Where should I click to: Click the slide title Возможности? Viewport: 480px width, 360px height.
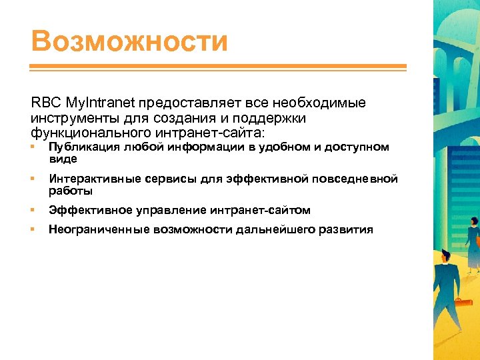pos(129,41)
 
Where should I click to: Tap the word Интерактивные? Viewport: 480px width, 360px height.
pos(89,179)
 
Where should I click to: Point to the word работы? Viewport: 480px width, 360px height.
pos(70,191)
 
